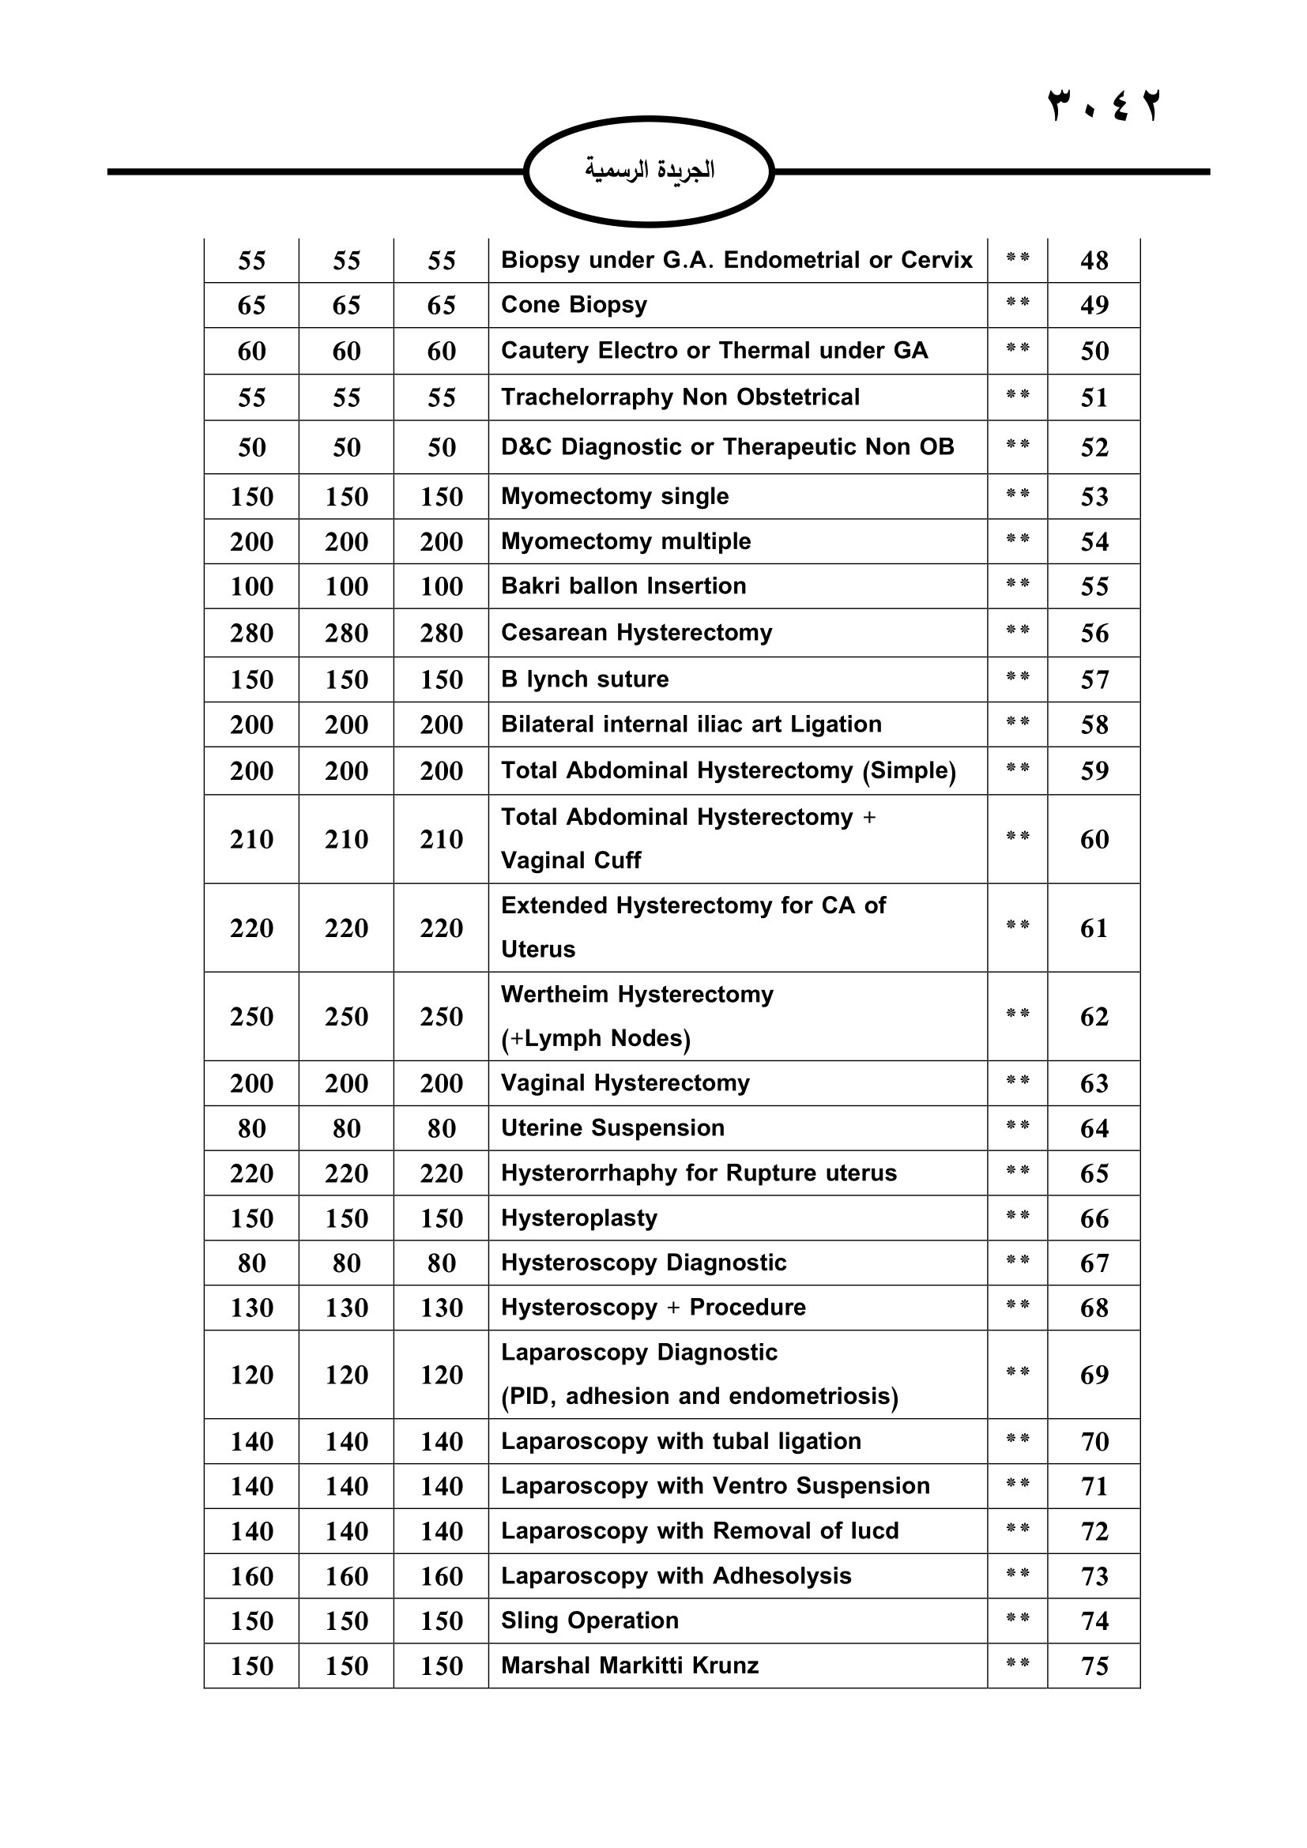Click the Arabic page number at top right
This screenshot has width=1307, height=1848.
(1103, 106)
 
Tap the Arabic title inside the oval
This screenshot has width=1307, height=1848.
(649, 170)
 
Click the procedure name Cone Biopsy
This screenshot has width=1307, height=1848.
(574, 305)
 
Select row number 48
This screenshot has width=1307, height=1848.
(1094, 260)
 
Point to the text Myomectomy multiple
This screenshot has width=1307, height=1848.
(625, 541)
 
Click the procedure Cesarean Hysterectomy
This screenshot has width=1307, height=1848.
(636, 633)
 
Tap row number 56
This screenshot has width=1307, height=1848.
(1094, 633)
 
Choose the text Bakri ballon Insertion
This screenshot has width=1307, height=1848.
(623, 586)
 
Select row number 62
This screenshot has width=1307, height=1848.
(1094, 1017)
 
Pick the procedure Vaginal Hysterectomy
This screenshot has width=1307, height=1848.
(624, 1083)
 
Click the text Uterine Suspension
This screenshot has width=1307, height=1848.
(612, 1128)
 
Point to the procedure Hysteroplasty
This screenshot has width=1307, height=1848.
(578, 1218)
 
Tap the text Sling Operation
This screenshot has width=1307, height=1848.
(589, 1620)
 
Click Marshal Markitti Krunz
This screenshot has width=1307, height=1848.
(629, 1665)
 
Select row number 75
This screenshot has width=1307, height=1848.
(1094, 1665)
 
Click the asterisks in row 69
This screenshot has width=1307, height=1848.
(1017, 1372)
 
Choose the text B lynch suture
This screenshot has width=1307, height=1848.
(584, 679)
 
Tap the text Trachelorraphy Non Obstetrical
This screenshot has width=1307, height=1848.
(680, 397)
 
